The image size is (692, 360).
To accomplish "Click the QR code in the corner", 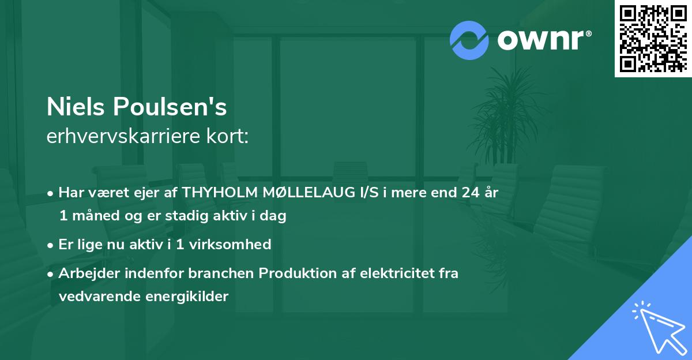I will (x=653, y=39).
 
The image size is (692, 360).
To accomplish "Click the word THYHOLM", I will (x=217, y=193).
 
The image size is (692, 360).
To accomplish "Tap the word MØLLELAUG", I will (x=300, y=193).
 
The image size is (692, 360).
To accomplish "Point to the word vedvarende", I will (x=95, y=297).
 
